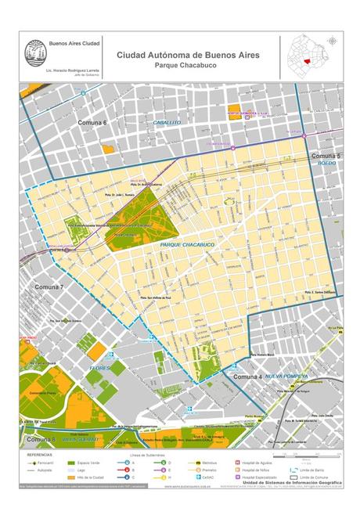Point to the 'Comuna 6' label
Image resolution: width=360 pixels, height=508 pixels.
(92, 124)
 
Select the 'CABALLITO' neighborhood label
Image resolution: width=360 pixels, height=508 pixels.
(167, 123)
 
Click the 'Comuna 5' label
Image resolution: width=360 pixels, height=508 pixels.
(325, 157)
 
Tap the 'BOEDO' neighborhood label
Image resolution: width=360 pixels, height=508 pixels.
(326, 165)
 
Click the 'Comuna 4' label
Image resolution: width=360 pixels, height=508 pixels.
(248, 377)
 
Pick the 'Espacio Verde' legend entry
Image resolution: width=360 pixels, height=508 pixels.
(100, 463)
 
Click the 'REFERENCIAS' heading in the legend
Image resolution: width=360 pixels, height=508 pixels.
(40, 455)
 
